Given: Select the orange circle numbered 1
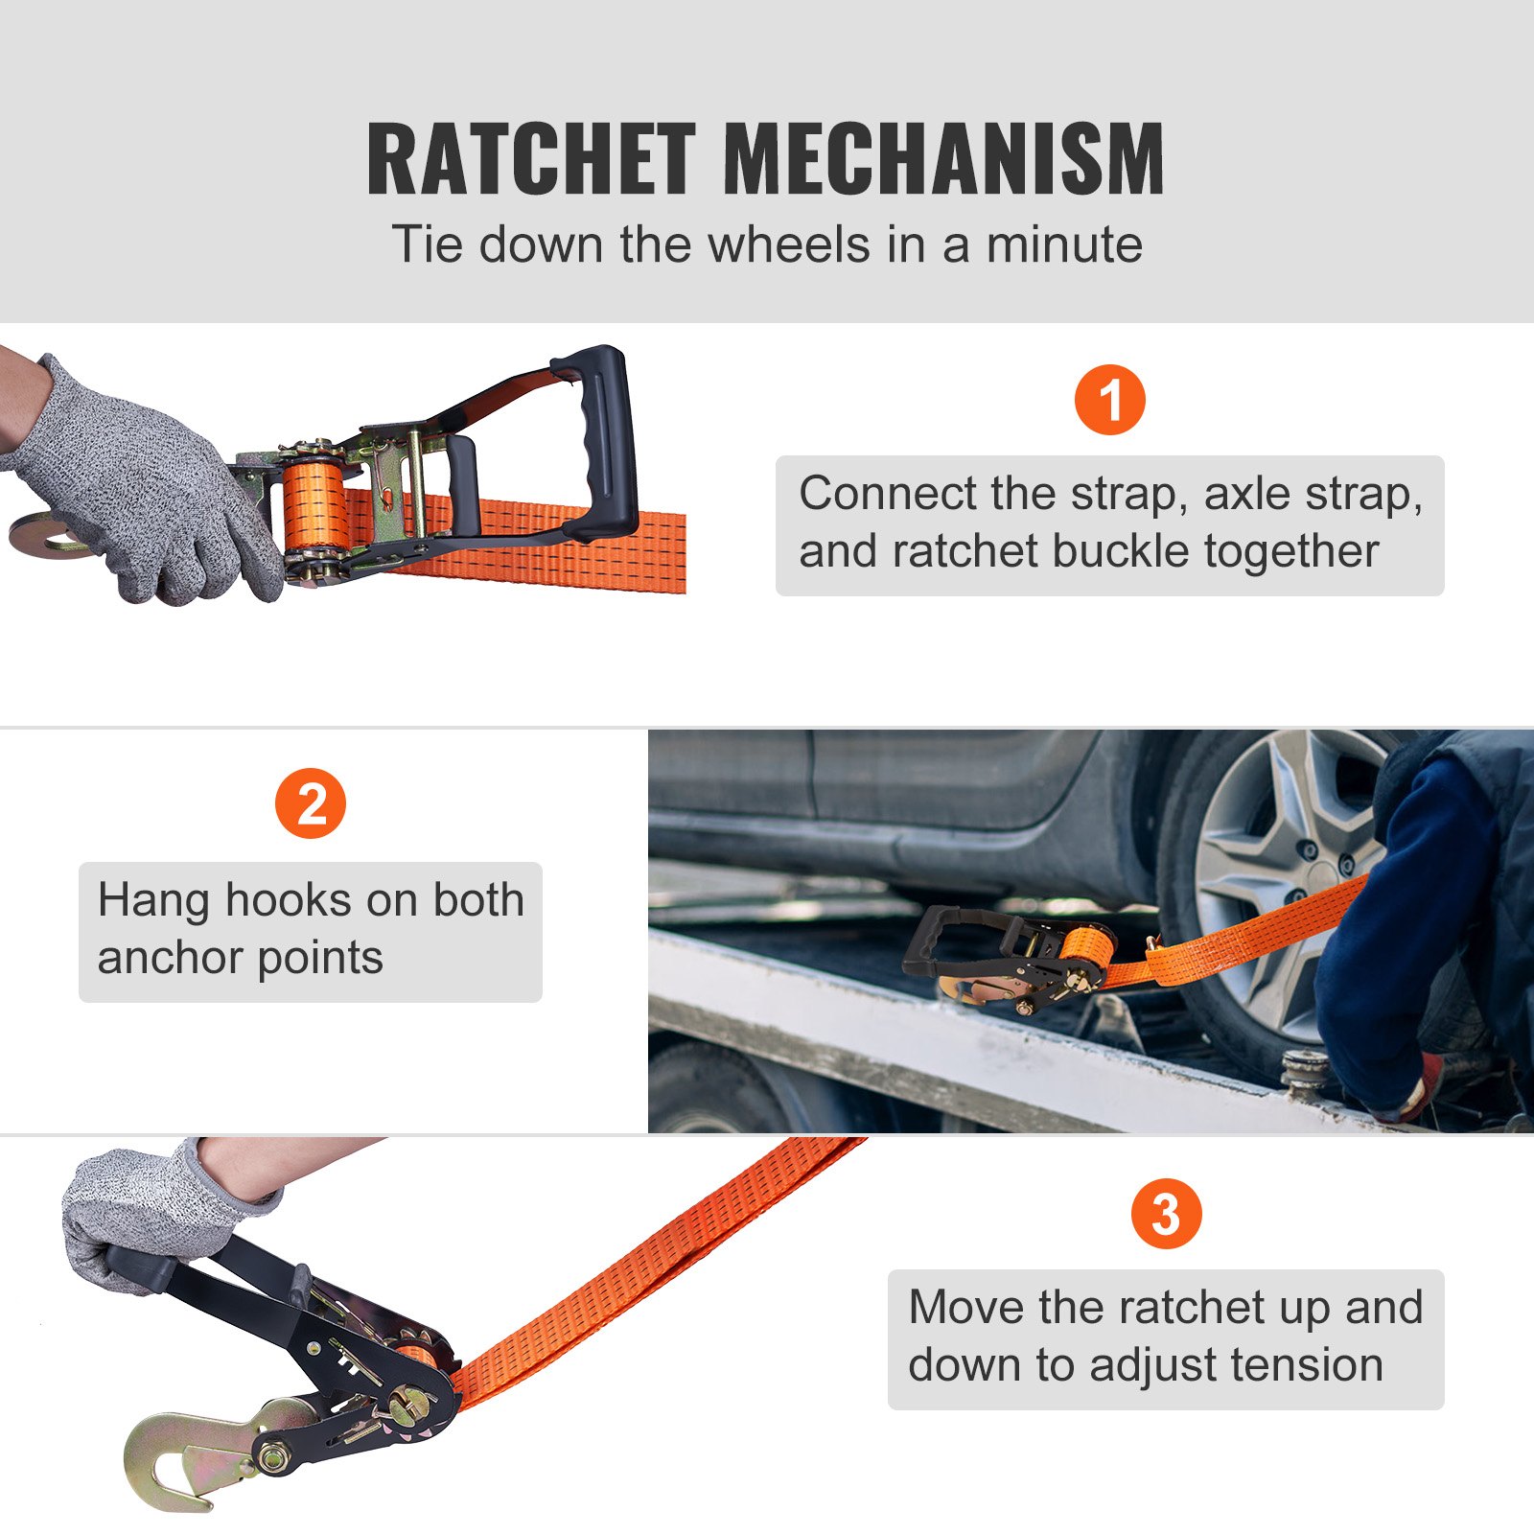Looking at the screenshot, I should click(x=1109, y=400).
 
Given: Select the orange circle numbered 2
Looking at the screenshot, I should click(x=311, y=803).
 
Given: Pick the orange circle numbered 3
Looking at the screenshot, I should click(x=1166, y=1214).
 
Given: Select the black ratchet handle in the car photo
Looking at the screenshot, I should click(x=944, y=940).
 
